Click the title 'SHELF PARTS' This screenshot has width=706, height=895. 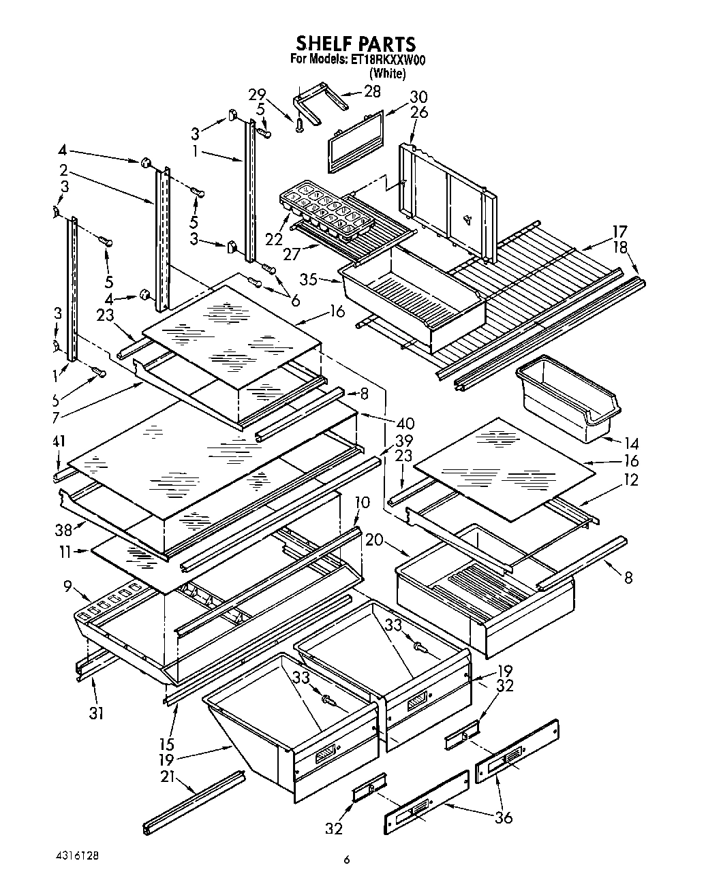[x=354, y=44]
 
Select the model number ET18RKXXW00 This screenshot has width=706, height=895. [x=387, y=60]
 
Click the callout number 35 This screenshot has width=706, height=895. [x=310, y=279]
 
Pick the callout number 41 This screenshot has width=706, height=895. [x=59, y=441]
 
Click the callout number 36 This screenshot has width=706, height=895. [x=504, y=817]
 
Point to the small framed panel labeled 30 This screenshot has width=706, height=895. [x=356, y=140]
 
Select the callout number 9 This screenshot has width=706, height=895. [x=67, y=584]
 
